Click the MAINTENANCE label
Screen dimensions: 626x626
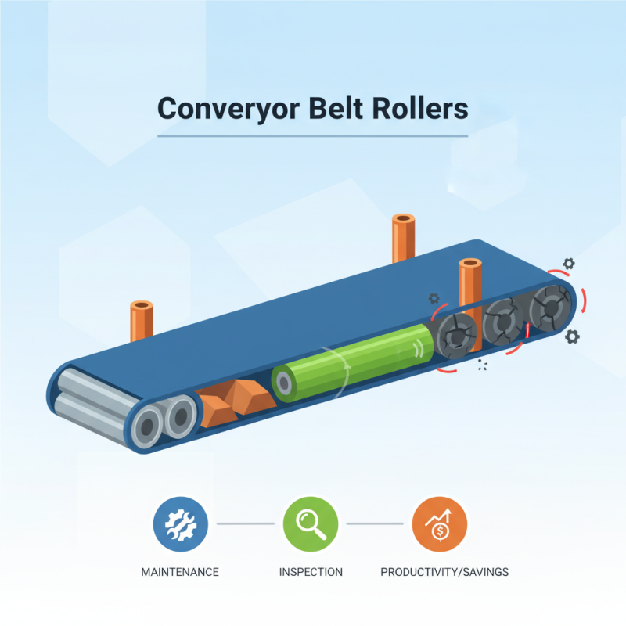pyautogui.click(x=179, y=572)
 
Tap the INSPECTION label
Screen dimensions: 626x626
pyautogui.click(x=311, y=572)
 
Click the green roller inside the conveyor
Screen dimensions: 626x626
pyautogui.click(x=352, y=362)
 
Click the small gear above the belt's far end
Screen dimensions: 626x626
pyautogui.click(x=569, y=265)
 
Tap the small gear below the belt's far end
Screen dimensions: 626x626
pyautogui.click(x=572, y=336)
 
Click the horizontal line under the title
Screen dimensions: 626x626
pyautogui.click(x=313, y=136)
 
